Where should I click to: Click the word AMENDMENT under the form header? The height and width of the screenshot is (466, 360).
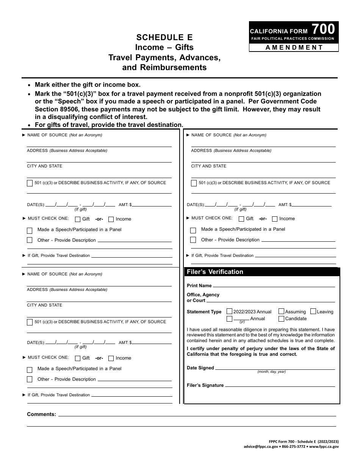pyautogui.click(x=294, y=47)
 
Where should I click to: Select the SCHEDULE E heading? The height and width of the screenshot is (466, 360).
pyautogui.click(x=164, y=37)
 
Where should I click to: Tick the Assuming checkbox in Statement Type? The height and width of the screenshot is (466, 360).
pyautogui.click(x=282, y=311)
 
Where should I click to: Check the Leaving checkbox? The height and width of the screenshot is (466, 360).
pyautogui.click(x=313, y=311)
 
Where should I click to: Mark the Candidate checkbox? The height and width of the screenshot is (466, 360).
pyautogui.click(x=282, y=319)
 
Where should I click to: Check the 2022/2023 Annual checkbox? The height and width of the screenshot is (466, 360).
pyautogui.click(x=230, y=311)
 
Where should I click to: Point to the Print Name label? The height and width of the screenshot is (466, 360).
pyautogui.click(x=199, y=286)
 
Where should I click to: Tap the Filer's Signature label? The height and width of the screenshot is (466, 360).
pyautogui.click(x=205, y=385)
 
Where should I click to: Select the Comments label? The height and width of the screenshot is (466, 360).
pyautogui.click(x=41, y=414)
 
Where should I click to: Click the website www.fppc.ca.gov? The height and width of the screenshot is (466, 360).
pyautogui.click(x=324, y=447)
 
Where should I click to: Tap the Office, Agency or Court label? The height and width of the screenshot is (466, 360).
pyautogui.click(x=203, y=297)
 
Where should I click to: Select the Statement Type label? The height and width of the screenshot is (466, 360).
pyautogui.click(x=204, y=312)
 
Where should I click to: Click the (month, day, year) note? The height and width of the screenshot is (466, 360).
pyautogui.click(x=272, y=372)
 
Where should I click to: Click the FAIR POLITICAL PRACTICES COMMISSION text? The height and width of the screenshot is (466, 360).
pyautogui.click(x=293, y=39)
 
